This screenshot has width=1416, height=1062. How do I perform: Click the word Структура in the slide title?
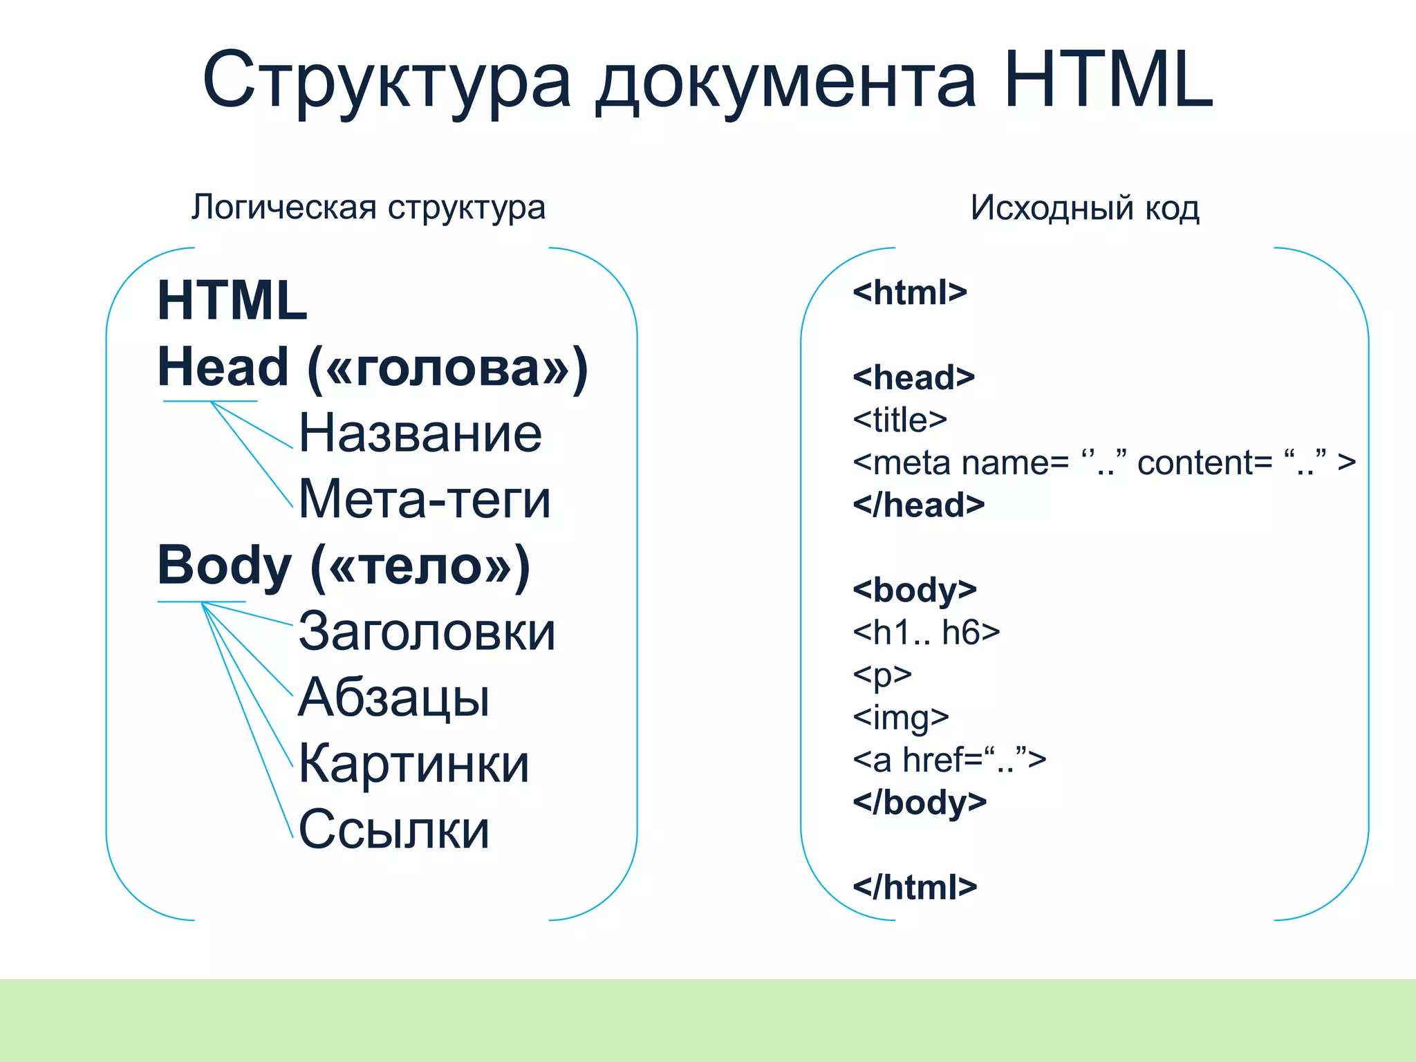[387, 82]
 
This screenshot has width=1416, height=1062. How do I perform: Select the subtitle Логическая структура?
[369, 207]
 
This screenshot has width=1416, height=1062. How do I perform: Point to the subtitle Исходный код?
[1085, 207]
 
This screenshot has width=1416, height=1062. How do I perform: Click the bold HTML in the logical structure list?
[232, 301]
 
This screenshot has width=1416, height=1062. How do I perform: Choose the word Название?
[420, 434]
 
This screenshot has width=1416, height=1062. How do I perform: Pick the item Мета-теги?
[425, 499]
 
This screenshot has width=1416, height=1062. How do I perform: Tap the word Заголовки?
[427, 631]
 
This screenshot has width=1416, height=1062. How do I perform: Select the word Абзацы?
[394, 698]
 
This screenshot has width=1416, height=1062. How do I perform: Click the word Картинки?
[413, 764]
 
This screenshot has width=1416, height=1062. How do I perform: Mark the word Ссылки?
[394, 829]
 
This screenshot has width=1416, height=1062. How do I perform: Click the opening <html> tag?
[910, 292]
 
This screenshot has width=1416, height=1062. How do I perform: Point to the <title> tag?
[900, 420]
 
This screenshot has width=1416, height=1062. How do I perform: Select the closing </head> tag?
[919, 505]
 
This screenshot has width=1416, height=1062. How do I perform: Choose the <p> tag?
[882, 675]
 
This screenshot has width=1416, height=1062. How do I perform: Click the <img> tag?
[901, 717]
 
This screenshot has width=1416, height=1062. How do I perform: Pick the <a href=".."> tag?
[949, 760]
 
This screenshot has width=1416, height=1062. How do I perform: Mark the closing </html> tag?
[915, 887]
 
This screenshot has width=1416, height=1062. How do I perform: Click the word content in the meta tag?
[1204, 463]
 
